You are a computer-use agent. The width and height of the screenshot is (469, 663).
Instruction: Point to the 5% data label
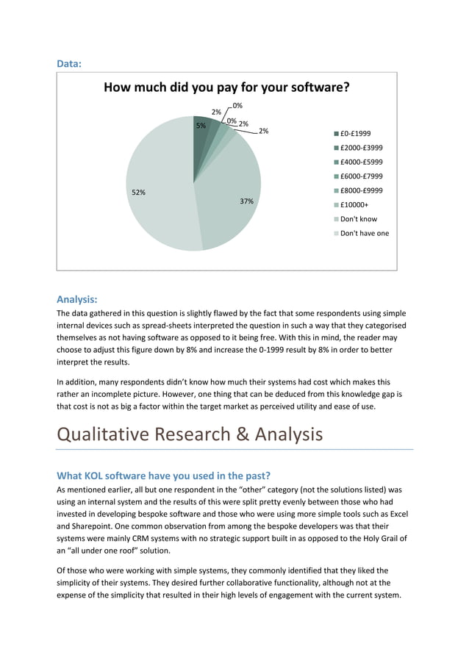(x=200, y=126)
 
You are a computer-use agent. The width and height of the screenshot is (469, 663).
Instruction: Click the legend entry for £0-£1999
(x=356, y=134)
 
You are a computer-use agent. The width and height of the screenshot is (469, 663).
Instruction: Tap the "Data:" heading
(x=69, y=64)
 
